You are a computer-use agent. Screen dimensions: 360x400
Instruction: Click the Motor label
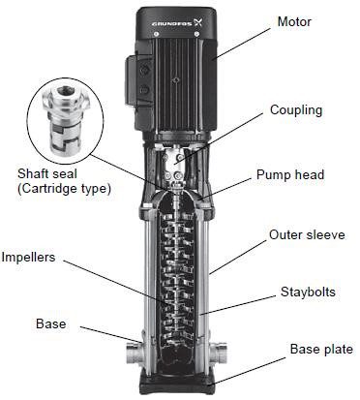[294, 21]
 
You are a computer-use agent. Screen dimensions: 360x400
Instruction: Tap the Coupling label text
[296, 110]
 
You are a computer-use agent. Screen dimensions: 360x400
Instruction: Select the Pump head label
[290, 174]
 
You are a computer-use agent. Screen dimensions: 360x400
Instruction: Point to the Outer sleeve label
[307, 234]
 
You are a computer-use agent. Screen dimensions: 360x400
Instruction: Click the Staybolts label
[308, 292]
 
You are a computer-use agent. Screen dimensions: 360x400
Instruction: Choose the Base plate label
[321, 349]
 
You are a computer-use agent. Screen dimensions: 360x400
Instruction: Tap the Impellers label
[28, 258]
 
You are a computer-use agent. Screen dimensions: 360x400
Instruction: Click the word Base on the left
[50, 323]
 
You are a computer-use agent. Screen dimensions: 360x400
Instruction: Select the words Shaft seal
[47, 173]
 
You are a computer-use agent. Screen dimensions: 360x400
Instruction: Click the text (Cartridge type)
[64, 188]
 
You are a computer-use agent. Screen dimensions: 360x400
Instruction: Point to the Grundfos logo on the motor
[176, 23]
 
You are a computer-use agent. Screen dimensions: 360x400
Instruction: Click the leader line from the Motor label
[242, 44]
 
